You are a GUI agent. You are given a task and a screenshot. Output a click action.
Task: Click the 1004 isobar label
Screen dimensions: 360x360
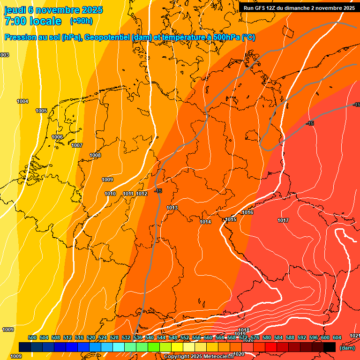(22, 101)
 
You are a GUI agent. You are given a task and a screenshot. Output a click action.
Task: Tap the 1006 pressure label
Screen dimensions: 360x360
(57, 137)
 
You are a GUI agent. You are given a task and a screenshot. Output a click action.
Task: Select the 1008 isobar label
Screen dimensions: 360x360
(95, 155)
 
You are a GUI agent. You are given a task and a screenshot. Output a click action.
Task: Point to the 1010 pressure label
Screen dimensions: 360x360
(110, 194)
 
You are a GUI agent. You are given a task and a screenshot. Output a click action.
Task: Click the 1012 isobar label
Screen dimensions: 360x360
(142, 194)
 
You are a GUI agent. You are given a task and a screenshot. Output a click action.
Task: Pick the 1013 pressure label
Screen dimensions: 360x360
(172, 208)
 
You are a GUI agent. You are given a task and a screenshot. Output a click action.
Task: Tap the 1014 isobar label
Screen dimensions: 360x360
(205, 222)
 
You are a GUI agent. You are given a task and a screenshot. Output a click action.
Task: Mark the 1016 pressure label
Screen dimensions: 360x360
(247, 213)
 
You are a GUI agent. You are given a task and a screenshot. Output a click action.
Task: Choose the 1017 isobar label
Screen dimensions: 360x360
(283, 220)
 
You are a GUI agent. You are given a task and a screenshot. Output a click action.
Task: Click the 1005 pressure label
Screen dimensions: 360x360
(41, 111)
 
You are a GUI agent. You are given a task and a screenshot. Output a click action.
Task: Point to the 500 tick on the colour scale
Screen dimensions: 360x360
(32, 337)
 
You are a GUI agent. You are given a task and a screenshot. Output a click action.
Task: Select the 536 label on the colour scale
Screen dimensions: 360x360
(138, 337)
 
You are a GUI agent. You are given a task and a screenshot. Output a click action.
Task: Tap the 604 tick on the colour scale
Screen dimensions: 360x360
(337, 337)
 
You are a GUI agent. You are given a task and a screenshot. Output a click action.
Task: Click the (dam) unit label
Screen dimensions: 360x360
(347, 348)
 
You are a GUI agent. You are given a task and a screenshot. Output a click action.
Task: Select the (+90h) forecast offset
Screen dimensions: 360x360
(81, 21)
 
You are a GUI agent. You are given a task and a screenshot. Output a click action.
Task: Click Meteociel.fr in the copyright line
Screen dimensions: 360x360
(216, 357)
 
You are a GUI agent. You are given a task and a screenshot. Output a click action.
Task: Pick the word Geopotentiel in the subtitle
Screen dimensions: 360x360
(107, 37)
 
